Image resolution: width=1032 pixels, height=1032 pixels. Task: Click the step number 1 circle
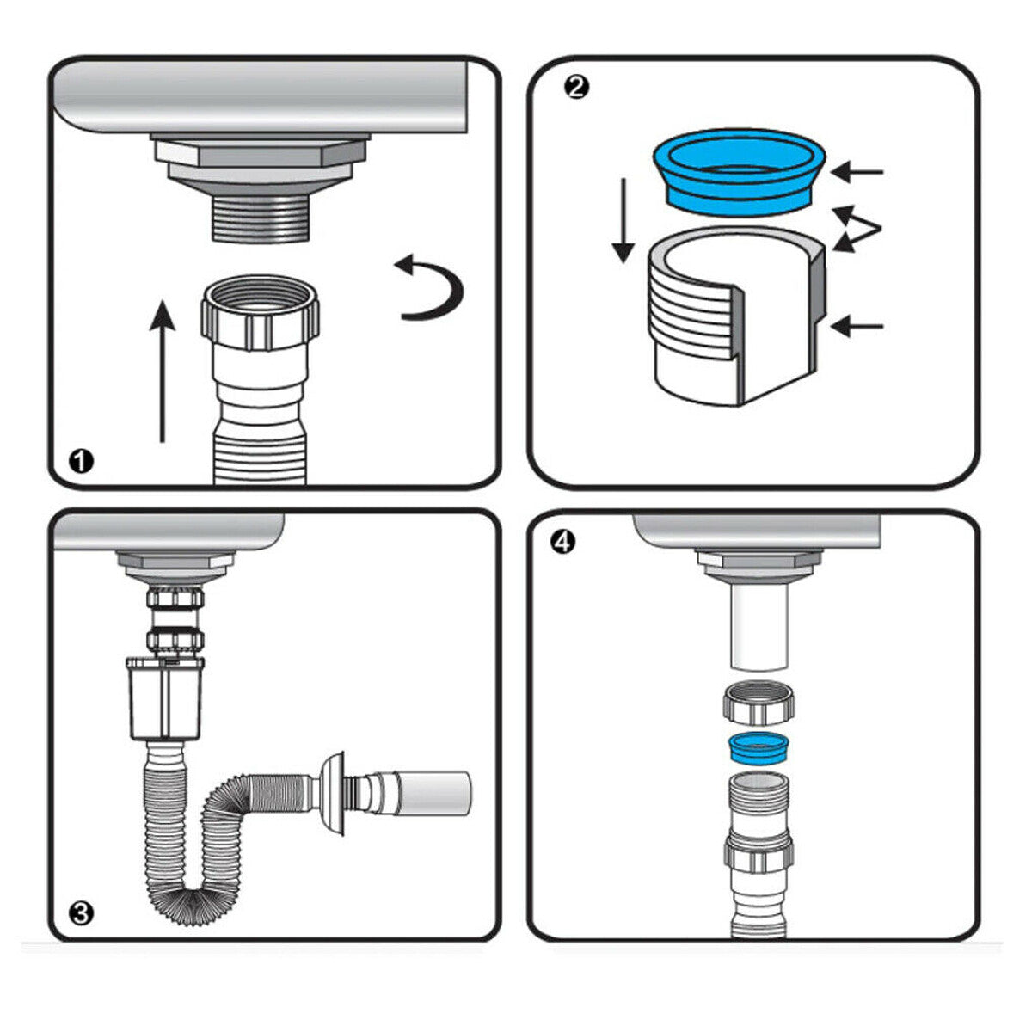coord(82,461)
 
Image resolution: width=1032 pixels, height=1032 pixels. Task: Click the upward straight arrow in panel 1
coord(161,370)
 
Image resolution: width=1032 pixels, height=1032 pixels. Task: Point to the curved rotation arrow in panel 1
coord(430,288)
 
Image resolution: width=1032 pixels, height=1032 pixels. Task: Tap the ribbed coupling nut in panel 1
coord(261,315)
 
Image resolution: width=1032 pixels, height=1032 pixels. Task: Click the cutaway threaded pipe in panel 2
coord(735,318)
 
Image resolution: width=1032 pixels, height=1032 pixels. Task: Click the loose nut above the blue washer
coord(760,701)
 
